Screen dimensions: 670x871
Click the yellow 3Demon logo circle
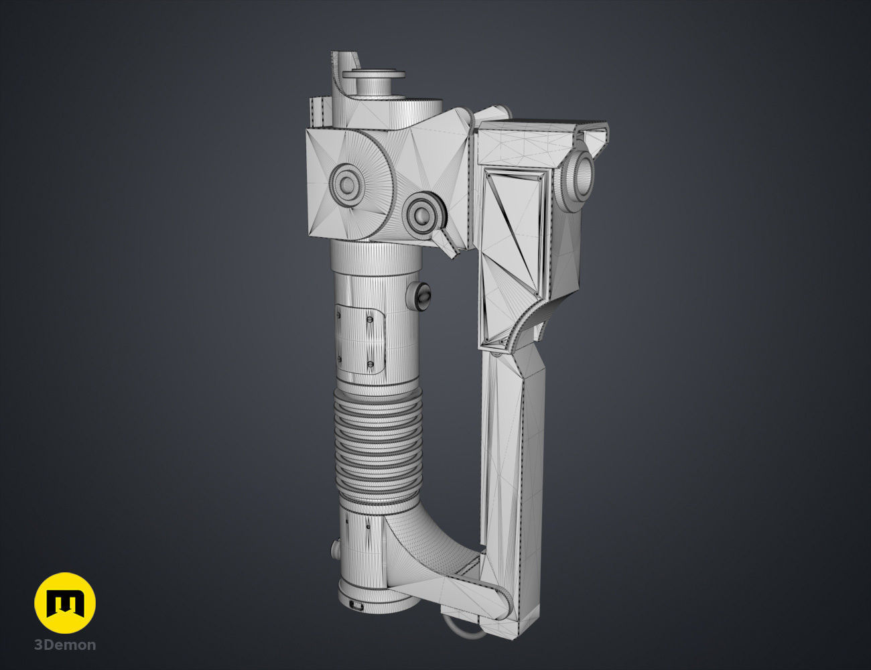(65, 603)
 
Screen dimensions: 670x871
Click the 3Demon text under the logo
(65, 645)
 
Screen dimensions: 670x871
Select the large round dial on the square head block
(348, 182)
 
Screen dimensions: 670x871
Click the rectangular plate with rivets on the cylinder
(360, 339)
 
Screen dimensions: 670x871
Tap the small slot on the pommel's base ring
(354, 607)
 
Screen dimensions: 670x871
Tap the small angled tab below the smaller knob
(446, 243)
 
